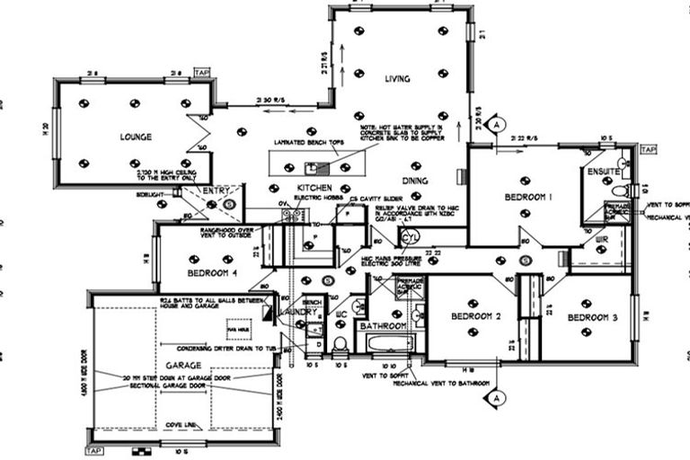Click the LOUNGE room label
(134, 137)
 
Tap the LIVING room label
(397, 79)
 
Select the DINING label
(414, 181)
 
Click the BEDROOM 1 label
(527, 197)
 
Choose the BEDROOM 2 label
(475, 316)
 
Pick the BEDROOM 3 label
(592, 318)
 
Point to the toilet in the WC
(340, 344)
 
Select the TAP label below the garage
(95, 449)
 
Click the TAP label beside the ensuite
(649, 149)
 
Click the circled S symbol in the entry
(228, 205)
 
